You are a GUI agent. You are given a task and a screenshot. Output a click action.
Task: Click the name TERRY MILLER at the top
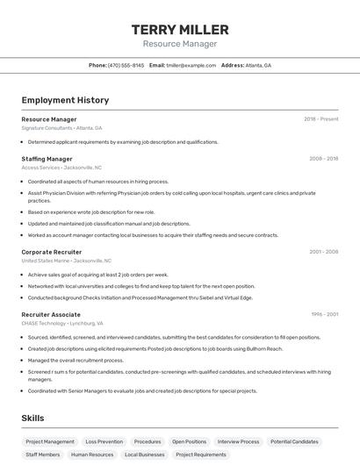coord(179,29)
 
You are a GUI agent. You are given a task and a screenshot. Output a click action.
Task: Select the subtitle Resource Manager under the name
coord(179,44)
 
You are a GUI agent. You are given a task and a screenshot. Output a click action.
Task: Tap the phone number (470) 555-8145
coord(126,65)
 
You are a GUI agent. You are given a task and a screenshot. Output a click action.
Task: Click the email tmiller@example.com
coord(191,65)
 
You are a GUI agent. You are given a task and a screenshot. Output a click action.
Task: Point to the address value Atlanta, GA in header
coord(258,65)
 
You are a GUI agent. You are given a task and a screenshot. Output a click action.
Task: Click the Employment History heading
coord(65,100)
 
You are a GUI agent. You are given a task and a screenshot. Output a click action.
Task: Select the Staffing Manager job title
coord(47,159)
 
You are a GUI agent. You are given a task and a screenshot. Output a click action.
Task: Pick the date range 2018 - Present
coord(320,119)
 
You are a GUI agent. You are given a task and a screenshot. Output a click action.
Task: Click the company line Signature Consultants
coord(47,128)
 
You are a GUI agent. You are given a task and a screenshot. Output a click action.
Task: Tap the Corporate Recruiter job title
coord(51,252)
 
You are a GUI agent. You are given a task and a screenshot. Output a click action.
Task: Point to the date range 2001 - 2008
coord(323,252)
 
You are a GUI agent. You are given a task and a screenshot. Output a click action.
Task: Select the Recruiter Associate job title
coord(51,314)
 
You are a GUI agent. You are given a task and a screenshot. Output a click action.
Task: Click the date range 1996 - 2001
coord(324,314)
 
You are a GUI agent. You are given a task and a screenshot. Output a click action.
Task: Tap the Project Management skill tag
coord(50,442)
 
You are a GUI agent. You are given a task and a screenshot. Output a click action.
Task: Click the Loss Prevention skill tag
coord(104,442)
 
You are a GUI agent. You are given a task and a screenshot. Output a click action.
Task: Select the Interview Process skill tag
coord(238,442)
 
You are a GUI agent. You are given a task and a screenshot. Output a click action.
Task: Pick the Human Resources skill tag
coord(92,455)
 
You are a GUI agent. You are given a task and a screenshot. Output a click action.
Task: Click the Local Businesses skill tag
coord(145,455)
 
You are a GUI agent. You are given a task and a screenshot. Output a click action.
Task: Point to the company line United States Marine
coord(46,261)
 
